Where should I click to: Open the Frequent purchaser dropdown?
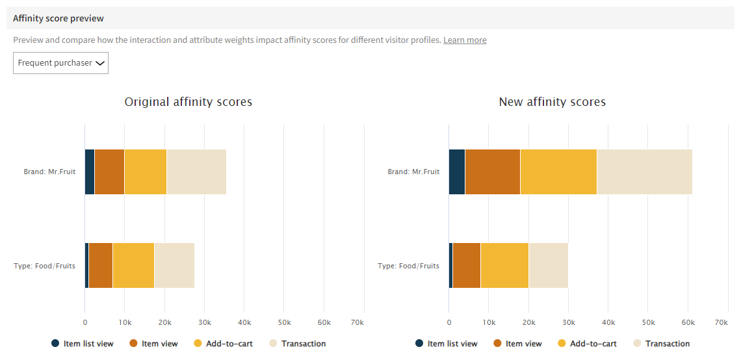60,63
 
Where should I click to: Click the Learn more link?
464,40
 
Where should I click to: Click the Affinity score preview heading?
58,18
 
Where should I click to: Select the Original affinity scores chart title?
188,102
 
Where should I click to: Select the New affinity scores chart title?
552,102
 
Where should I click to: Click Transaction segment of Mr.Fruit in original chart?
196,172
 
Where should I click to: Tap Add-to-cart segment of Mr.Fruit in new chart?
558,172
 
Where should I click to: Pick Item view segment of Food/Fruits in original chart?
101,265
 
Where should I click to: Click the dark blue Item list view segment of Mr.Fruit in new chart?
457,172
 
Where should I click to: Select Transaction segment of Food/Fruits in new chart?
548,265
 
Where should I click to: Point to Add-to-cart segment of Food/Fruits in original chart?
133,265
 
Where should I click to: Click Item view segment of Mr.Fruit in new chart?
493,172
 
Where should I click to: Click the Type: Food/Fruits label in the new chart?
408,266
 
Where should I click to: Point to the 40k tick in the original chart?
244,322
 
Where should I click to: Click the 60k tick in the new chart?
688,322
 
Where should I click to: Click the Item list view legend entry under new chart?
446,344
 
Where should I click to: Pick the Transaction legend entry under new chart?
661,344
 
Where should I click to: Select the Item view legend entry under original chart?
153,344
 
